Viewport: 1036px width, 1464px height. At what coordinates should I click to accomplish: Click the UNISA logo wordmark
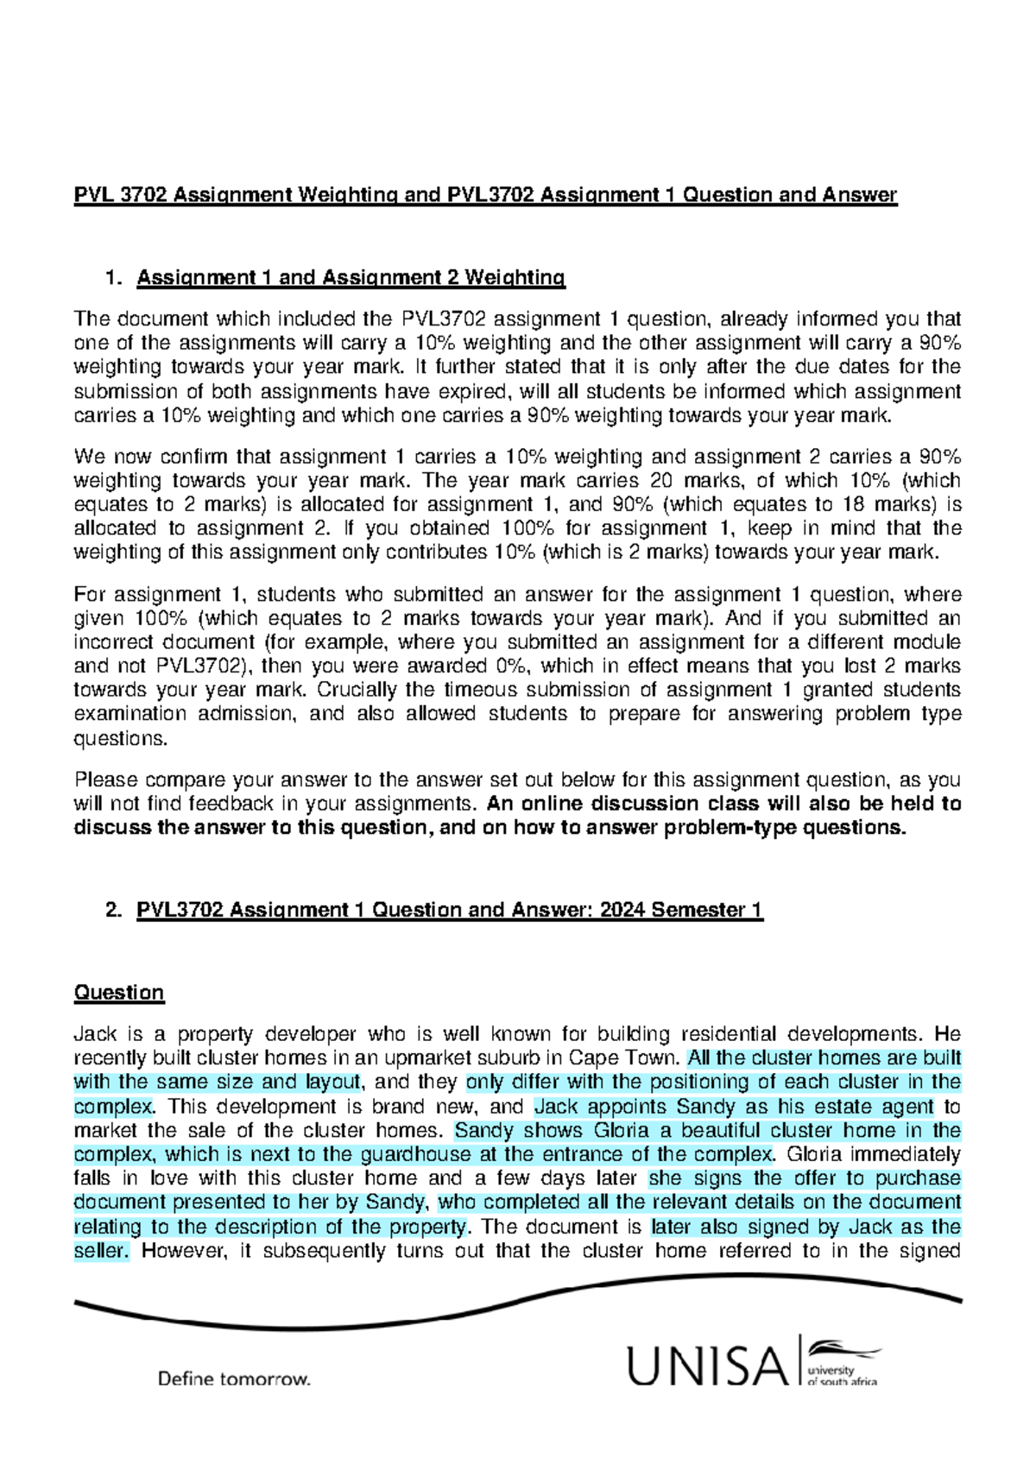[706, 1366]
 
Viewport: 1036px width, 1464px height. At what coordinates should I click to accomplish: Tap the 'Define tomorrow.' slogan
[233, 1379]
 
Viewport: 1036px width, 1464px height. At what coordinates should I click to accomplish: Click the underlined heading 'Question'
[119, 993]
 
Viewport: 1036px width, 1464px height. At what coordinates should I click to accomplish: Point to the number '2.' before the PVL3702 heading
[113, 910]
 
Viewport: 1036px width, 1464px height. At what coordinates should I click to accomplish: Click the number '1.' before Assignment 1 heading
[113, 277]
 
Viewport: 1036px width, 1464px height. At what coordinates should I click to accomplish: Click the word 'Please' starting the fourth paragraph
[105, 779]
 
